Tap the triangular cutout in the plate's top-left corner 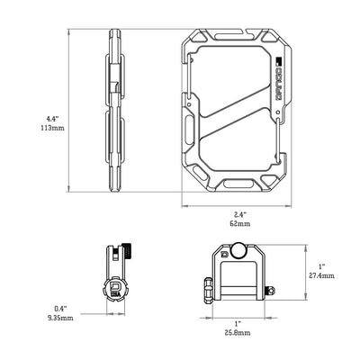(x=199, y=39)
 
